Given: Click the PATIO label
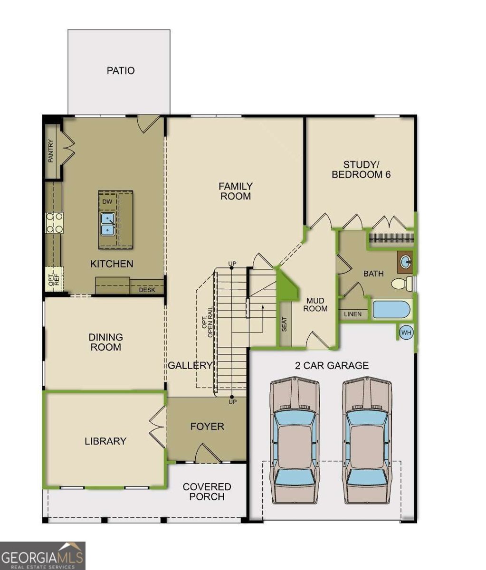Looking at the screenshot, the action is tap(121, 71).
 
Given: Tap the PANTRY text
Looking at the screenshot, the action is tap(51, 151).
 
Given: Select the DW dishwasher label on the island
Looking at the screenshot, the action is tap(107, 201).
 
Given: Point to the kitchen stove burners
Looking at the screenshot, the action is tap(54, 223).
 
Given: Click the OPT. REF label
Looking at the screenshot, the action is tap(54, 279).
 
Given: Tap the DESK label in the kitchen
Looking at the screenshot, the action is tap(147, 290).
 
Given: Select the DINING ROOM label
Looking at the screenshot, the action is tap(105, 342).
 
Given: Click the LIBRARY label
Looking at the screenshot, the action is tap(105, 441).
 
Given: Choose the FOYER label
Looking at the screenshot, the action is tap(207, 427).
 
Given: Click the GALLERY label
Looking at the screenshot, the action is tap(191, 365).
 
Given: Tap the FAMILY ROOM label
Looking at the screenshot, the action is tap(236, 191).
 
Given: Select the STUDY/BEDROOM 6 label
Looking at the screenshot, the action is tap(361, 169).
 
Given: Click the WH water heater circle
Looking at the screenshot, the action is tap(406, 332).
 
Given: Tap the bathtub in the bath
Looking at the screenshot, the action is tap(391, 309).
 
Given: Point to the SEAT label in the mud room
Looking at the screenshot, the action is tap(285, 324).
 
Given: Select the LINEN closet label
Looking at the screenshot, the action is tap(353, 314).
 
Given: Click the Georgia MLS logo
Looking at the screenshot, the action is tap(42, 556).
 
